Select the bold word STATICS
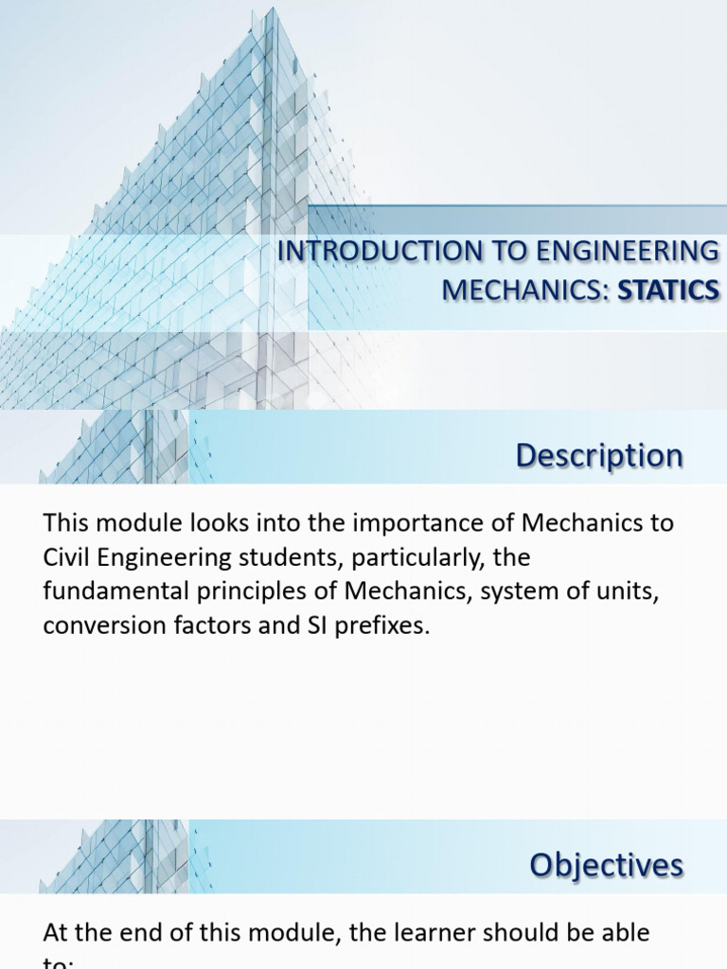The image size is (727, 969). [668, 291]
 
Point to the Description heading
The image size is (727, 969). [599, 455]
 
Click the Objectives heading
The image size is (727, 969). [606, 864]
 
